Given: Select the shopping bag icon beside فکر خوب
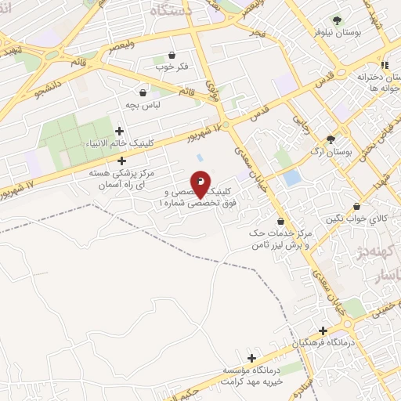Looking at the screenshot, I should [172, 55].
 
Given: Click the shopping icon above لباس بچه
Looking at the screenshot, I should [142, 92].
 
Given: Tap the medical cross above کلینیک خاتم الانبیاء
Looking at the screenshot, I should [119, 131].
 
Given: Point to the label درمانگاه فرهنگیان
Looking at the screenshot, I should [322, 344].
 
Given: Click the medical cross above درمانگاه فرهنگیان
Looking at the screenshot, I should [322, 331].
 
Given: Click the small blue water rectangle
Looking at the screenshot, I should [292, 178].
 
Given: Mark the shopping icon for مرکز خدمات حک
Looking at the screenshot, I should [280, 222].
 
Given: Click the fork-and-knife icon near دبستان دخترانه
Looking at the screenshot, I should [384, 64].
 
